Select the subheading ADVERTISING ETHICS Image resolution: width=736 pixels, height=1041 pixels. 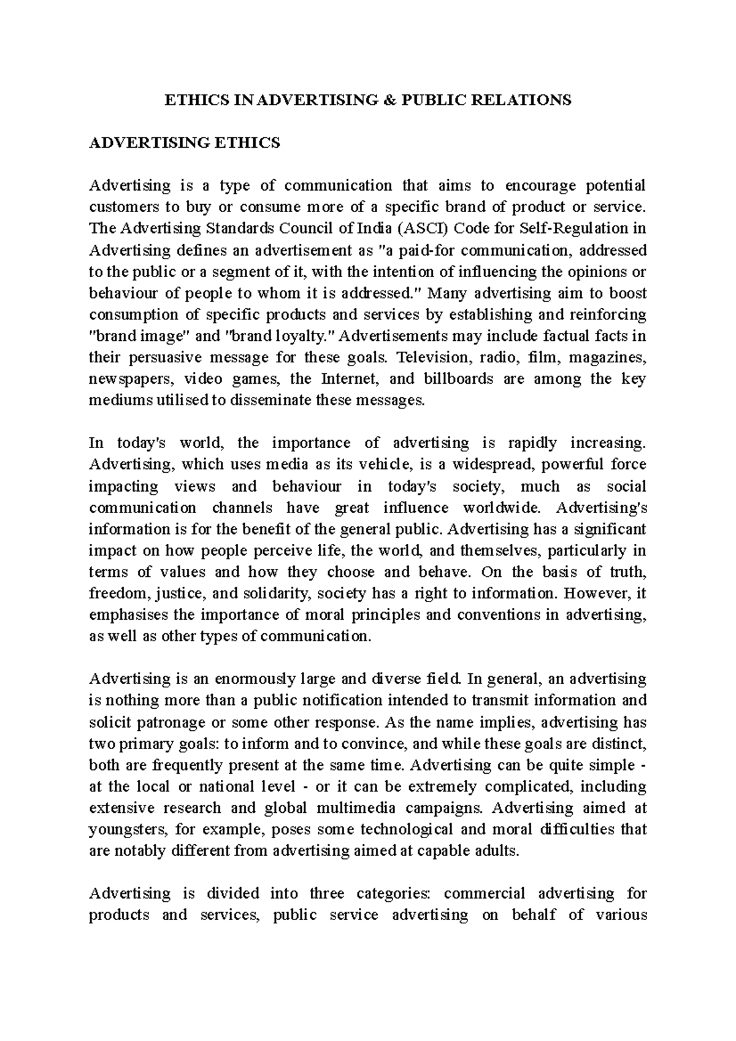(185, 143)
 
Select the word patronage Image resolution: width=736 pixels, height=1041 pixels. (174, 722)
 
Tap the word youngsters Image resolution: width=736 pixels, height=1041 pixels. (126, 829)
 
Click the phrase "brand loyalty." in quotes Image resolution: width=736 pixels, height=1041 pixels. (278, 336)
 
